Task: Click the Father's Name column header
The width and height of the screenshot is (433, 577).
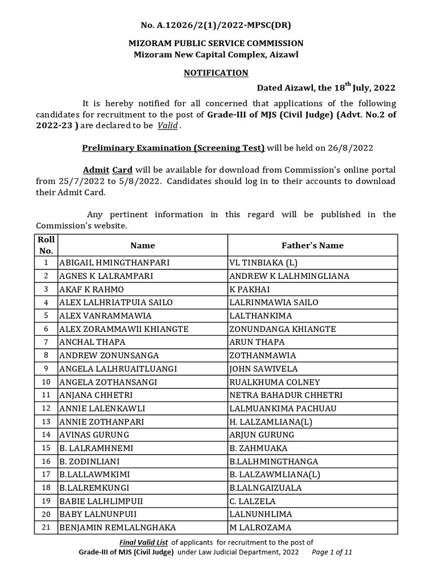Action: (x=312, y=245)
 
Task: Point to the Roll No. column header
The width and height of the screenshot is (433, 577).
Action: (x=46, y=245)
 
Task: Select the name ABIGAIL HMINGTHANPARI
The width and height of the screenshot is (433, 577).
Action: (x=114, y=263)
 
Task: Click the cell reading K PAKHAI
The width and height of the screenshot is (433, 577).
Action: (x=250, y=289)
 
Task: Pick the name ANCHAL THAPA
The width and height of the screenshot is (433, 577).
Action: (x=92, y=342)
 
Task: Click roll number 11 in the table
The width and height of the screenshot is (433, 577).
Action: (x=46, y=395)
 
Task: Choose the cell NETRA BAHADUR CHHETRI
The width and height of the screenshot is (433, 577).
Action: (x=286, y=395)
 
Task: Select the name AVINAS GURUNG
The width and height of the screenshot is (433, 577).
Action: (x=94, y=434)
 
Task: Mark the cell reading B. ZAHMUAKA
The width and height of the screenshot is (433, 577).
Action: (x=259, y=448)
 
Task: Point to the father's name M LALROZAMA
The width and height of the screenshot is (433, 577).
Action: (x=260, y=527)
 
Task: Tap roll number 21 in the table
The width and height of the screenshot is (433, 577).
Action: (x=46, y=527)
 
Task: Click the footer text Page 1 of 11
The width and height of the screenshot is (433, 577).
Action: (x=332, y=553)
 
